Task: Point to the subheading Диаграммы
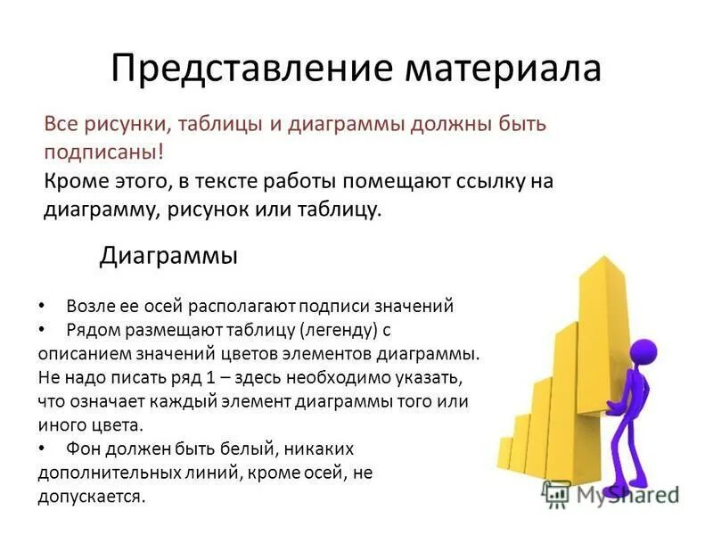click(x=168, y=257)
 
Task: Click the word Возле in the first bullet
click(x=90, y=306)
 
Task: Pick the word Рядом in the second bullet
click(x=91, y=330)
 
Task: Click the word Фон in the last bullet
click(x=84, y=449)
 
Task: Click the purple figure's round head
click(x=643, y=350)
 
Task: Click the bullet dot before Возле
click(x=45, y=306)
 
